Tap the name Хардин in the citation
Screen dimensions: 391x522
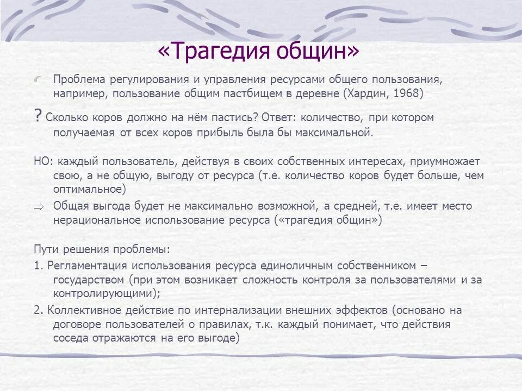368,93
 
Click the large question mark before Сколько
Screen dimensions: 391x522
38,116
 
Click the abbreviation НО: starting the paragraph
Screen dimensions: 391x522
43,161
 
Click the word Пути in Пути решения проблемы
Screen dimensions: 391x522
45,250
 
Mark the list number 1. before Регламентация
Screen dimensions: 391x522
38,266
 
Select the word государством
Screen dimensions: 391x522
89,280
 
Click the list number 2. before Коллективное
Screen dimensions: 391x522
38,311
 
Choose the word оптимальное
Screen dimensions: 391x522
88,190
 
